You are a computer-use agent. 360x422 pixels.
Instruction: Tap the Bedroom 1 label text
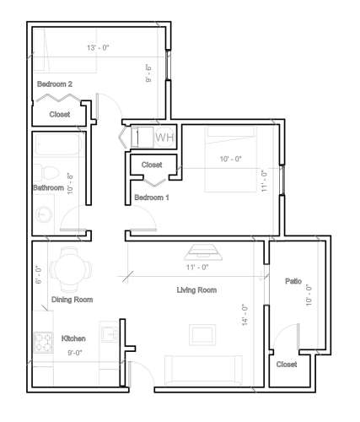coord(152,197)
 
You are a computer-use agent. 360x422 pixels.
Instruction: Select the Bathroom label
coord(48,187)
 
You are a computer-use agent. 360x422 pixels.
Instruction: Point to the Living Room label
coord(196,290)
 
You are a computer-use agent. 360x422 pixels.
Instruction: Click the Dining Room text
coord(73,300)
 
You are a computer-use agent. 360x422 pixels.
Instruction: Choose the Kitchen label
coord(73,339)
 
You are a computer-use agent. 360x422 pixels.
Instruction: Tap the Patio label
coord(293,281)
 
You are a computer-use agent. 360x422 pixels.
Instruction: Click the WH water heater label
coord(165,137)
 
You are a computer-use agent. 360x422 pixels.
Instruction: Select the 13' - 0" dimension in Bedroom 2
coord(99,47)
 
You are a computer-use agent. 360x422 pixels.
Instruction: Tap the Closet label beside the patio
coord(287,365)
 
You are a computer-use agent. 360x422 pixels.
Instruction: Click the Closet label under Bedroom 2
coord(60,114)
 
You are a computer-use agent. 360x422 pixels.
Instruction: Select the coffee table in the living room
coord(203,334)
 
